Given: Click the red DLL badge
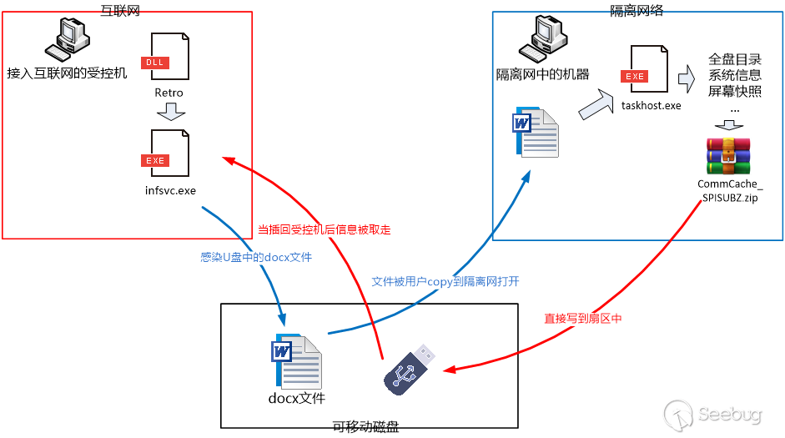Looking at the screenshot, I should point(155,63).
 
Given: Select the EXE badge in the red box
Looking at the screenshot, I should point(155,160).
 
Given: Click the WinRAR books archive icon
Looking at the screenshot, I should point(728,156).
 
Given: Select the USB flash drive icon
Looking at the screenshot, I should point(409,368).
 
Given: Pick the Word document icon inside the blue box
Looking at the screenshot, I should point(536,132).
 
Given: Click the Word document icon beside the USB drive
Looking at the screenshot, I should point(297,361).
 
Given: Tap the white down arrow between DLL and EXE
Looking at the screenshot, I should point(171,112).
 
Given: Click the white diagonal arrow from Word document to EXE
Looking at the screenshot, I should point(596,105).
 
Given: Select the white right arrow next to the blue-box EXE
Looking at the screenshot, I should point(687,79).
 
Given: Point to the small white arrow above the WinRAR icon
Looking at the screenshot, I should point(729,126).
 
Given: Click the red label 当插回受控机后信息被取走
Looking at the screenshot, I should point(324,229).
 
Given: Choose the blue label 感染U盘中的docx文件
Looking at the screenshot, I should point(256,258).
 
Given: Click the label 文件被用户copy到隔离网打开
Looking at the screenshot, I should point(445,282).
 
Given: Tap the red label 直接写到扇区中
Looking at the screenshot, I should point(583,319).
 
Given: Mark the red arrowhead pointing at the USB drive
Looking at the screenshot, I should point(448,370).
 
